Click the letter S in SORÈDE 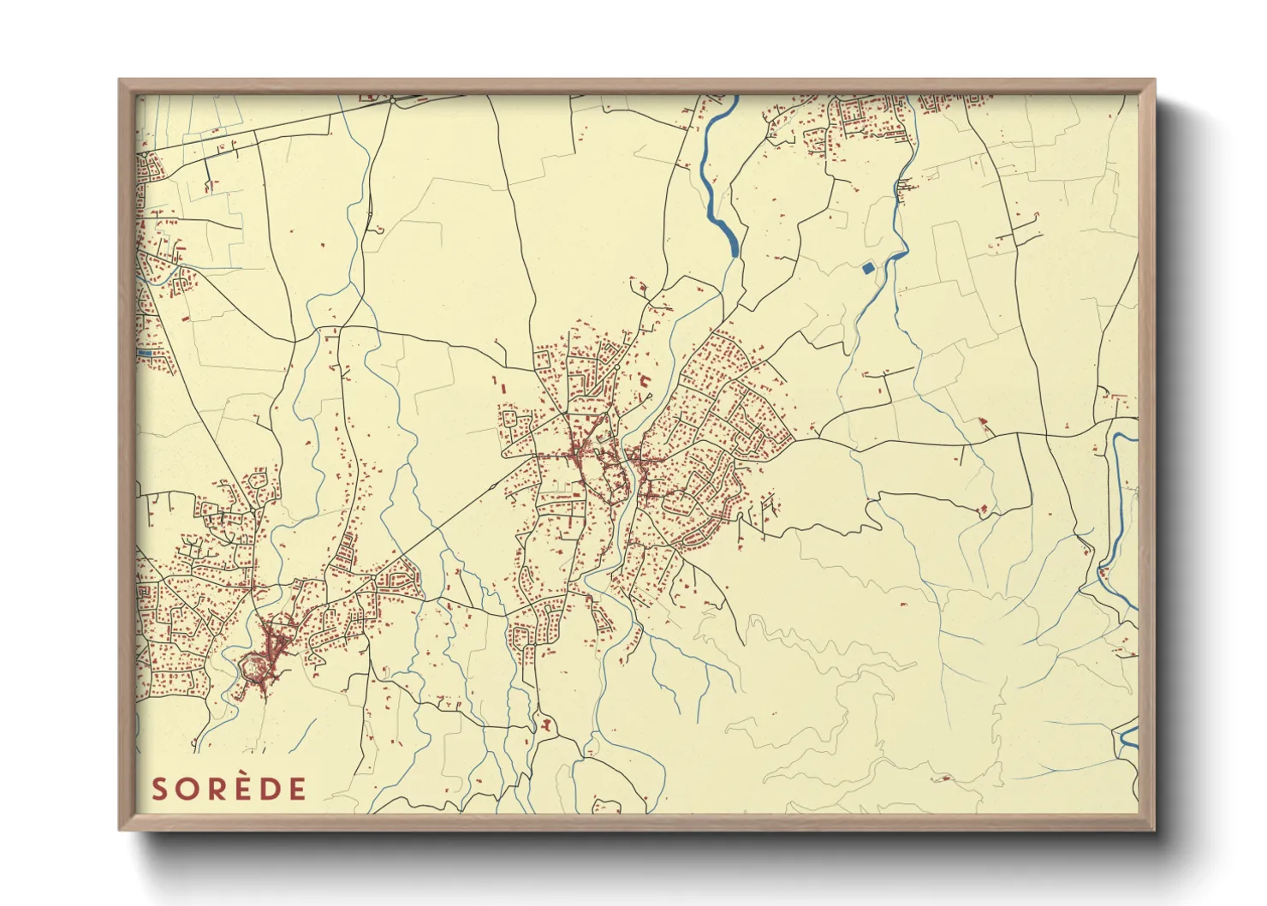pos(160,789)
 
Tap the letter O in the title pos(188,789)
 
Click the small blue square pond pos(869,268)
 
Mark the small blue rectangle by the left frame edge pos(145,352)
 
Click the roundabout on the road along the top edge pos(391,100)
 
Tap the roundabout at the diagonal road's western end pos(374,575)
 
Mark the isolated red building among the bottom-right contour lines pos(945,778)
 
